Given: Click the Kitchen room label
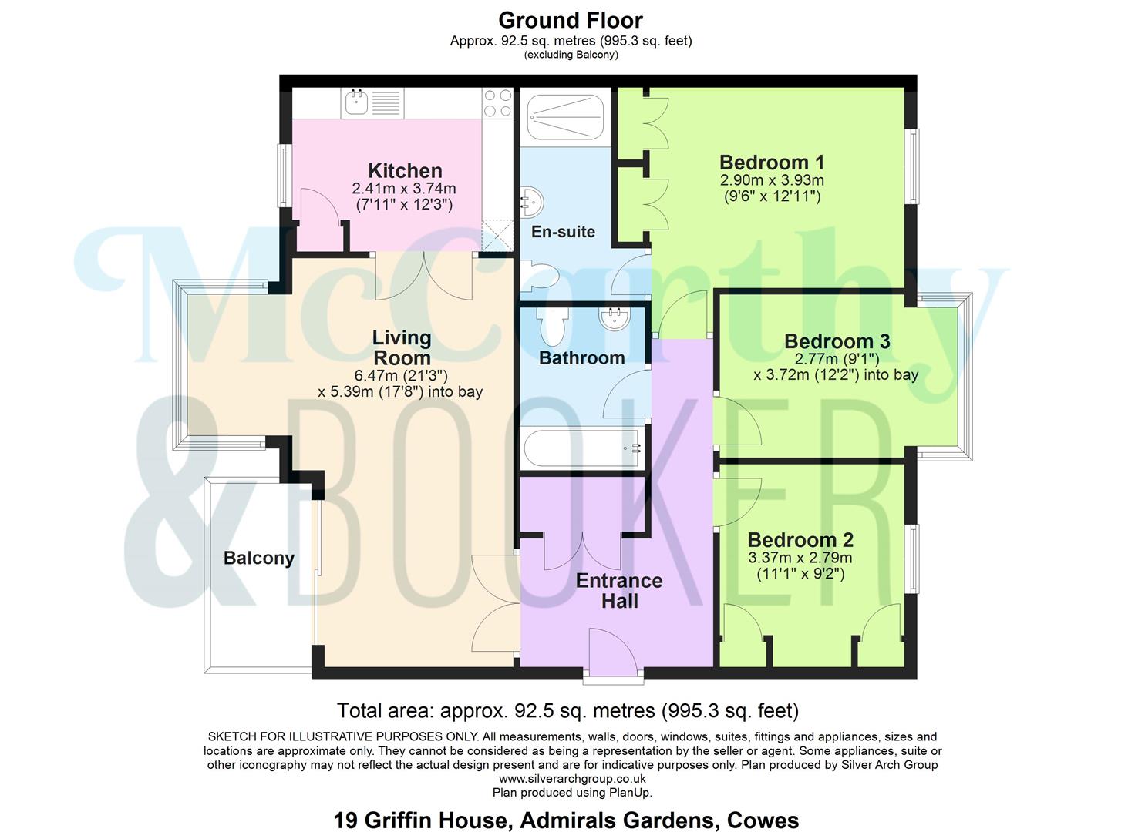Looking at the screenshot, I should click(x=405, y=170).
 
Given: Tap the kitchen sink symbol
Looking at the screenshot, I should click(x=356, y=101).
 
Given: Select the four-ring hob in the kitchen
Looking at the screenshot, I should click(x=497, y=103).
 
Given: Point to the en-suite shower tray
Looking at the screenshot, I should click(x=565, y=117).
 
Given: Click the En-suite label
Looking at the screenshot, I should click(x=563, y=232).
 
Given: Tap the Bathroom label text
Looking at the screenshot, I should click(x=581, y=358).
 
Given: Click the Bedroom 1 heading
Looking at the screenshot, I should click(x=772, y=163).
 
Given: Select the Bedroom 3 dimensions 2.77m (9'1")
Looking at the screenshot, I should click(x=837, y=359).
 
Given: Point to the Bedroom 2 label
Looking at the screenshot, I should click(x=800, y=540).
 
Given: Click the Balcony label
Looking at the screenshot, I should click(x=259, y=559).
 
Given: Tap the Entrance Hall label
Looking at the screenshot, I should click(x=619, y=591).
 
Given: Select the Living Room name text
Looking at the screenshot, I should click(x=402, y=347).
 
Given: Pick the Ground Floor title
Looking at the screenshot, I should click(x=571, y=20).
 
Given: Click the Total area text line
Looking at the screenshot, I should click(x=567, y=710).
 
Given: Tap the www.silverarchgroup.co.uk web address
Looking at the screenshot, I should click(x=572, y=779).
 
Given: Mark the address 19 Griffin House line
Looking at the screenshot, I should click(x=566, y=820).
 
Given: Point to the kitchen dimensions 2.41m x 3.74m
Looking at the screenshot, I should click(x=403, y=189).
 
